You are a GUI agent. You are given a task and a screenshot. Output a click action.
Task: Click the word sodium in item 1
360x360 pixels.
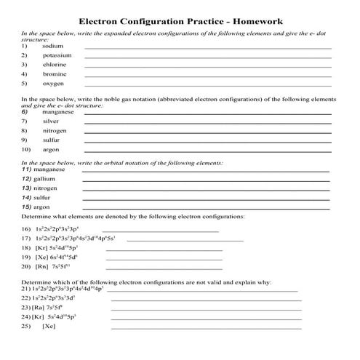point(53,45)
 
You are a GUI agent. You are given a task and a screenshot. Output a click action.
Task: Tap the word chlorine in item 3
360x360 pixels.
point(55,64)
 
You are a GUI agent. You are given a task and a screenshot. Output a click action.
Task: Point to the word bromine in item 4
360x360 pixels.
point(55,73)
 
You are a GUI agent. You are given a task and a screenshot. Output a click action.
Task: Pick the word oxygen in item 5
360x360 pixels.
point(53,83)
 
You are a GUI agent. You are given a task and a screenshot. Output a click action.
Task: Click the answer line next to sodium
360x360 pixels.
point(208,47)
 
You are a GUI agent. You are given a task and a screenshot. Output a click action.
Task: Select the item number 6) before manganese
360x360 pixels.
point(25,112)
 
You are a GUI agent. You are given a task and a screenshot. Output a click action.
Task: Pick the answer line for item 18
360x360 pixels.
point(164,249)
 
